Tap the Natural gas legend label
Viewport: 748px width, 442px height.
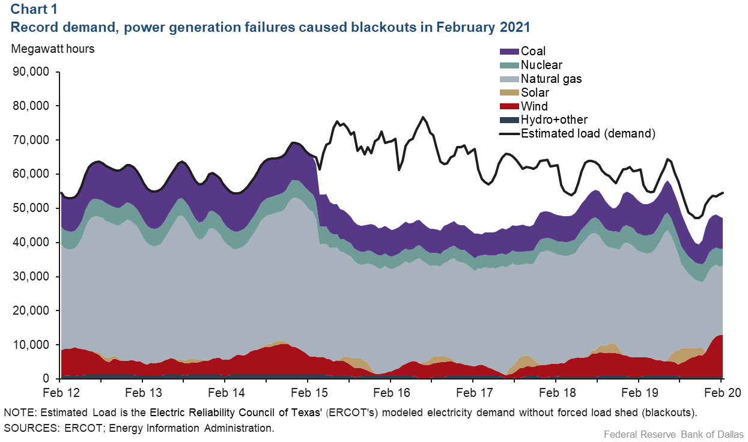pyautogui.click(x=551, y=79)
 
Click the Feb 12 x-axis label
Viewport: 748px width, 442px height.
pyautogui.click(x=61, y=393)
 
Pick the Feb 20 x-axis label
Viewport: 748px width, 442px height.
pyautogui.click(x=721, y=393)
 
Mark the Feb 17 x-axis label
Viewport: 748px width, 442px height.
pyautogui.click(x=473, y=393)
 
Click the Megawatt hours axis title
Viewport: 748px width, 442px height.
pyautogui.click(x=53, y=49)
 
